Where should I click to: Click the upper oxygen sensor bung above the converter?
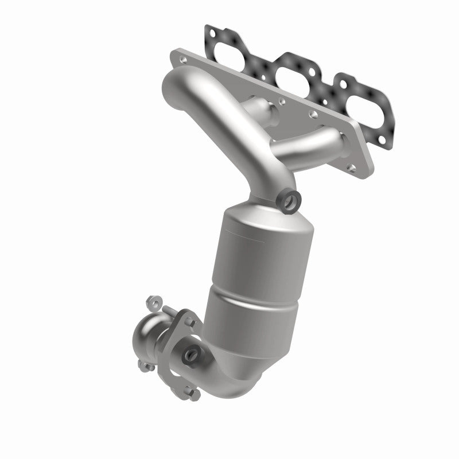(287, 200)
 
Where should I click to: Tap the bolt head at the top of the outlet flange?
(188, 315)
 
